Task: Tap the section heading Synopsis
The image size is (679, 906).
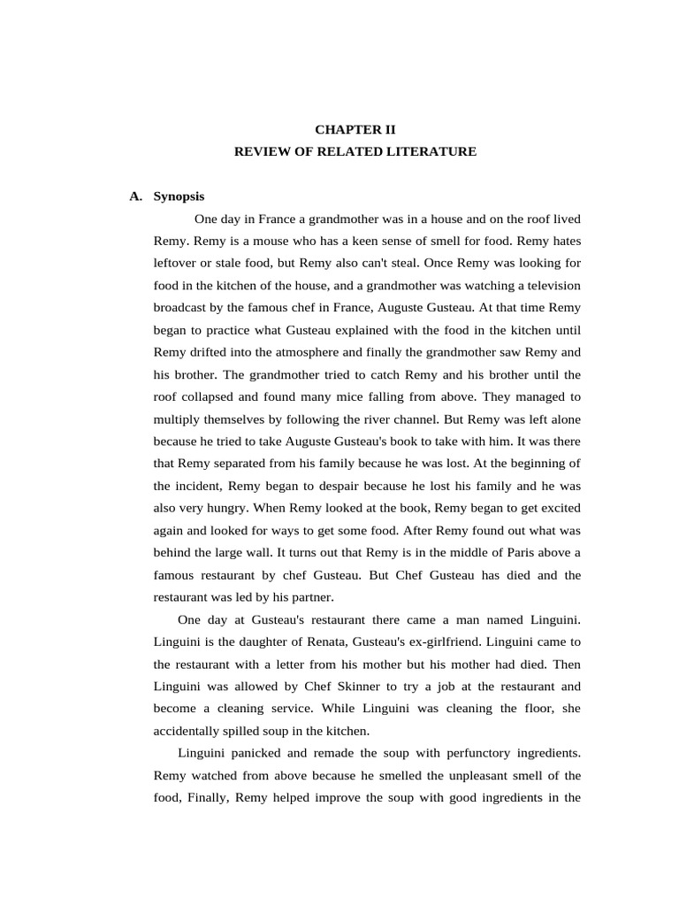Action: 179,196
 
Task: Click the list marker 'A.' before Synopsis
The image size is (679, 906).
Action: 135,196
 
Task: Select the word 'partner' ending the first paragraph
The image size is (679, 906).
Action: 310,597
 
